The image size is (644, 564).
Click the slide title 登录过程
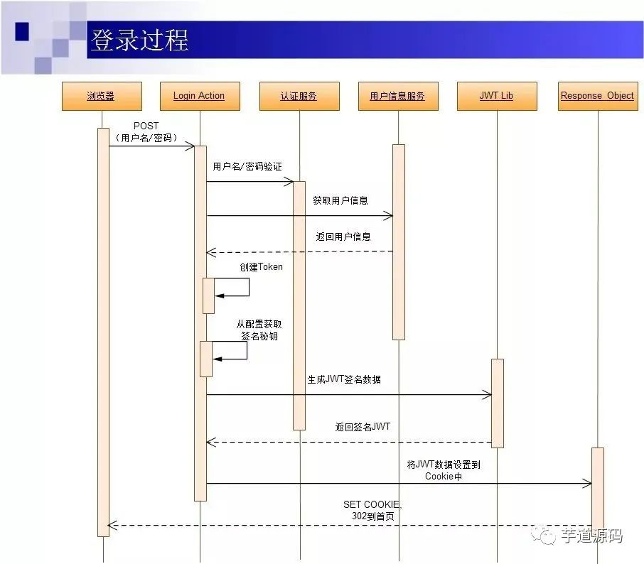(x=139, y=40)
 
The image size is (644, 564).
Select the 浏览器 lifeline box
(x=101, y=96)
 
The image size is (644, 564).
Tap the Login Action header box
(x=199, y=96)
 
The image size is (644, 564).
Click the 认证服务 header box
(x=299, y=96)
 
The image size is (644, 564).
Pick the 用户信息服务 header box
(x=397, y=96)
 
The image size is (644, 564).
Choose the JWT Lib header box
(x=496, y=96)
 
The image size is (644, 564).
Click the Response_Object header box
(x=597, y=96)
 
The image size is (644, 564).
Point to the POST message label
(x=146, y=132)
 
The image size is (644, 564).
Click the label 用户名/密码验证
(x=247, y=166)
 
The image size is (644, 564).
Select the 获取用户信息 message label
(x=340, y=201)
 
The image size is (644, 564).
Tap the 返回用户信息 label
(x=343, y=237)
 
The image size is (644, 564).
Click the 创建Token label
(x=261, y=267)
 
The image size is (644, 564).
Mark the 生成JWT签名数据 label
(x=343, y=379)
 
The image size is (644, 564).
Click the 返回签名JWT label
(x=363, y=427)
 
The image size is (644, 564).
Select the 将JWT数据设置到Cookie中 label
(x=444, y=470)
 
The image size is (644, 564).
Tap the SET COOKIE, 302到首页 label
(x=372, y=510)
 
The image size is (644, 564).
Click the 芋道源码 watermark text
(x=591, y=536)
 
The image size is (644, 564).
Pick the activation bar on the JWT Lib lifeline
(x=497, y=403)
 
